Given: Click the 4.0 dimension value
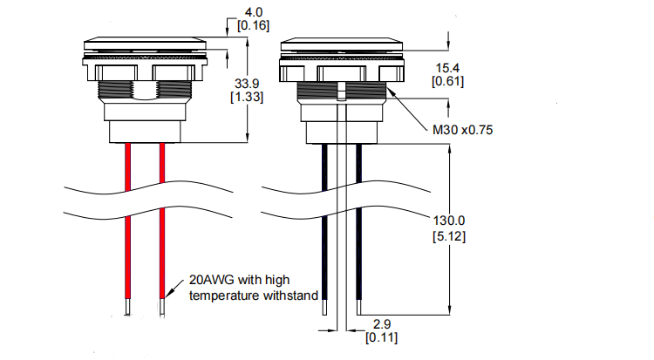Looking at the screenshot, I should point(253,12).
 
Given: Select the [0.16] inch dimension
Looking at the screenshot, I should point(253,26).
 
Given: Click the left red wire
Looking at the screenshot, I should point(127,253).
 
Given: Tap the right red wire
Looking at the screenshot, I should point(162,253).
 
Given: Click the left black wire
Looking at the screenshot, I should point(324,253).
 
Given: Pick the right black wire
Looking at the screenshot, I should point(358,253).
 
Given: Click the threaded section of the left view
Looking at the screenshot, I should point(144,89).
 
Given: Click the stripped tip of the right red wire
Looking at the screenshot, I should point(162,307).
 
